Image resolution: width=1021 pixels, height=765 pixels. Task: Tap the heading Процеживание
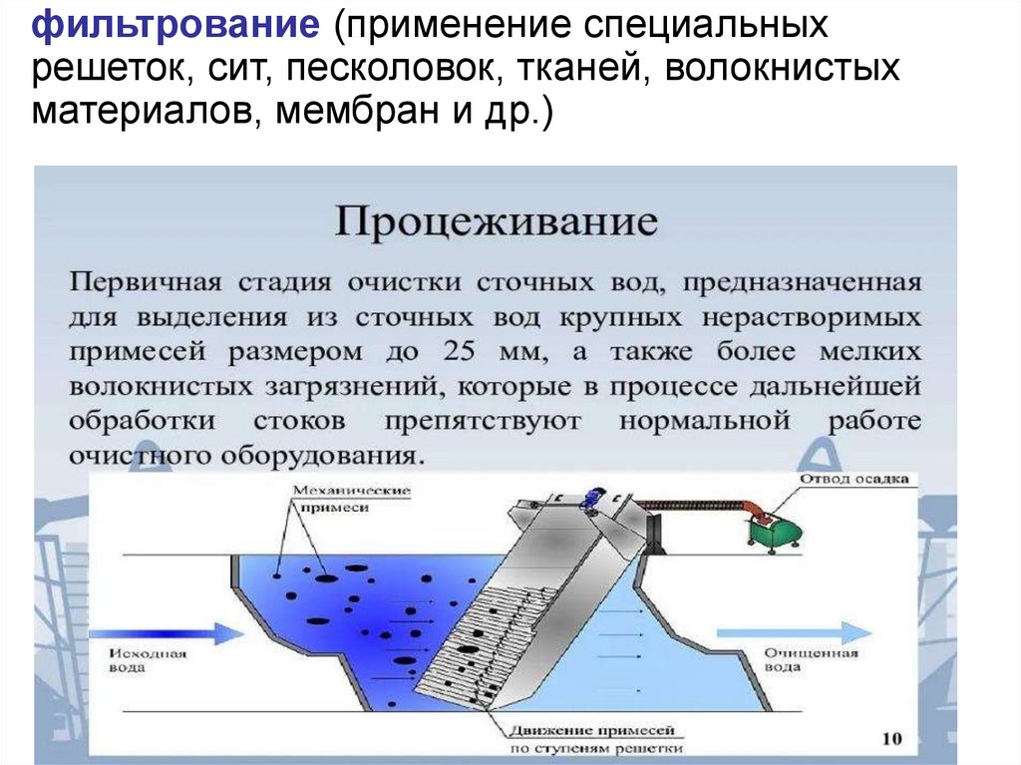click(x=496, y=220)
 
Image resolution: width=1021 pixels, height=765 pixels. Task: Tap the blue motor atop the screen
click(x=596, y=498)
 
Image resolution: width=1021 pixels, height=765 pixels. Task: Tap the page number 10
click(x=891, y=739)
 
